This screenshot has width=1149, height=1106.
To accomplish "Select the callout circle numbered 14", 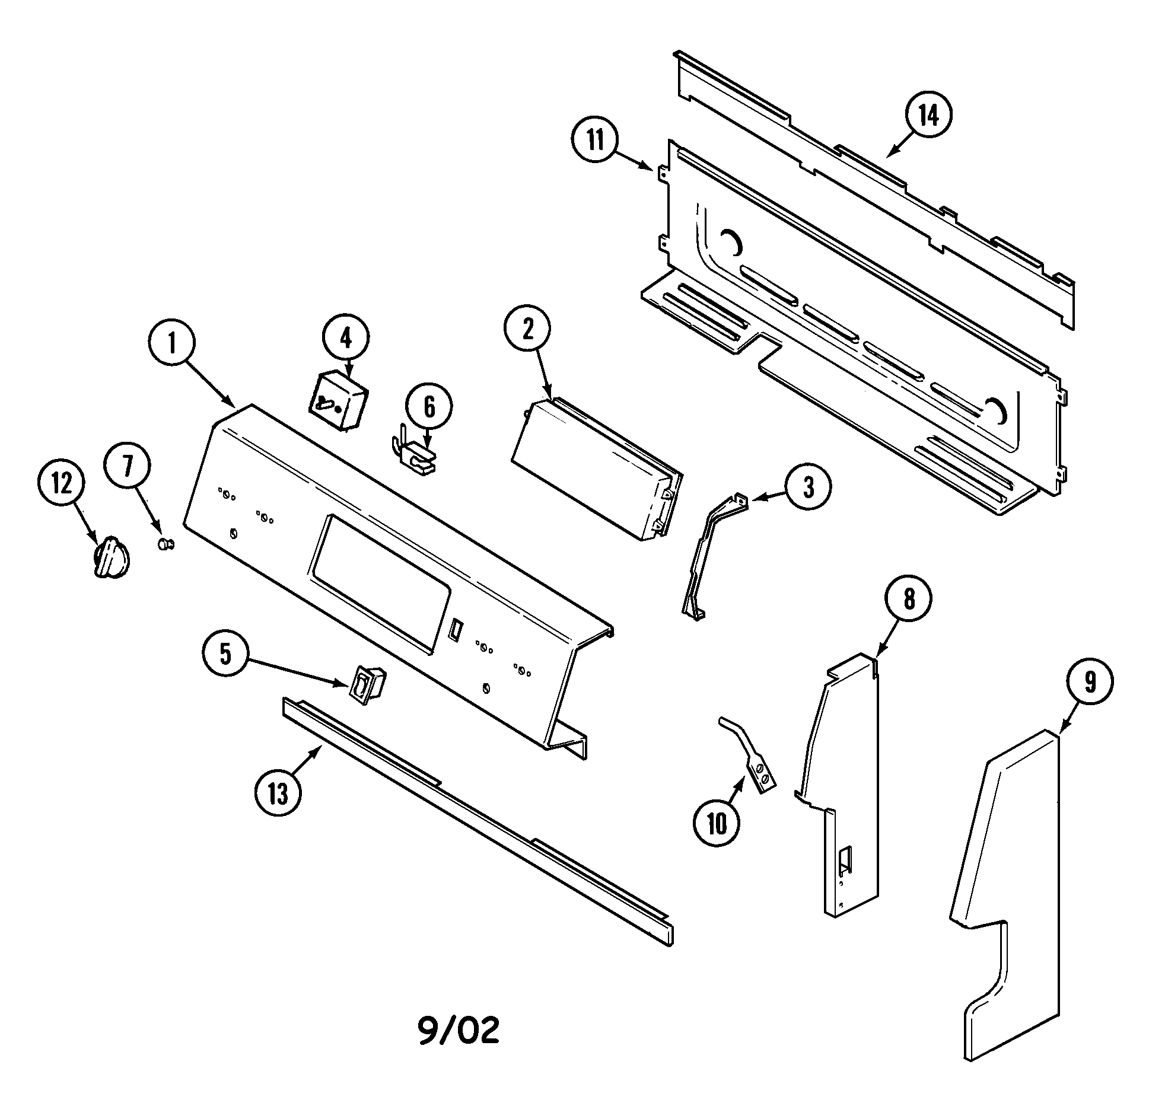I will pyautogui.click(x=928, y=116).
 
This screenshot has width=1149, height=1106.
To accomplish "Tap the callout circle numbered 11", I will pyautogui.click(x=595, y=141).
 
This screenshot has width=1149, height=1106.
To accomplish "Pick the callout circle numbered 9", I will pyautogui.click(x=1090, y=684).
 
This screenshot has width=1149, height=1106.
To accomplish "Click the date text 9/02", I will pyautogui.click(x=459, y=1032).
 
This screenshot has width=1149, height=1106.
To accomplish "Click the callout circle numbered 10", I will pyautogui.click(x=716, y=824).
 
